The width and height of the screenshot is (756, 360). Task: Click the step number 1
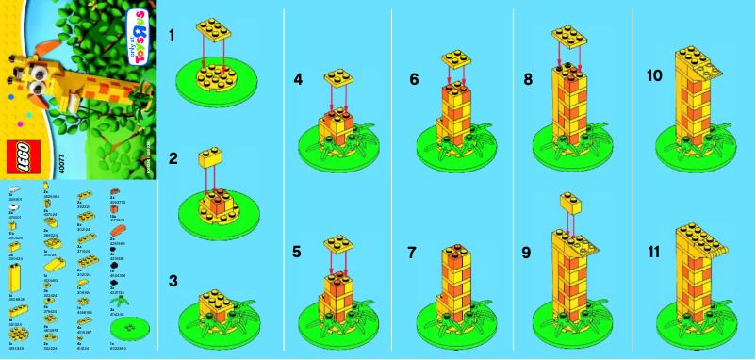[x=172, y=35]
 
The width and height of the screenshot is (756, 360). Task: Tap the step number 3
[x=172, y=280]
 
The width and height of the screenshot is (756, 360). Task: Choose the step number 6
[x=414, y=80]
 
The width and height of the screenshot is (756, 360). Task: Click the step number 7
[x=414, y=253]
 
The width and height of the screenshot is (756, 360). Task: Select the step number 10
[x=651, y=74]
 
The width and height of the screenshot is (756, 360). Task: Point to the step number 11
[x=650, y=253]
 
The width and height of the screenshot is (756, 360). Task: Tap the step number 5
[x=298, y=253]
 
